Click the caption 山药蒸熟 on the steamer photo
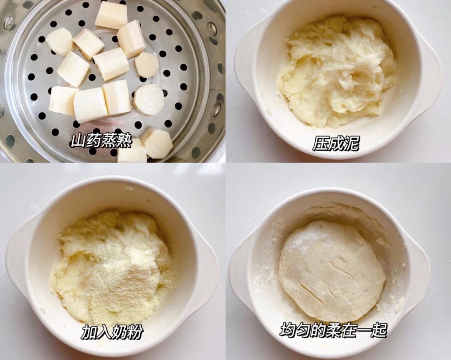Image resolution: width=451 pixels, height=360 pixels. point(101,142)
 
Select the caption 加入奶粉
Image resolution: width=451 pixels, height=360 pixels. point(112,332)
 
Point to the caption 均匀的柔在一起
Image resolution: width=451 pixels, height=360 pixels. point(333,330)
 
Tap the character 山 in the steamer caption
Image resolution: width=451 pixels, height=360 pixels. point(78,142)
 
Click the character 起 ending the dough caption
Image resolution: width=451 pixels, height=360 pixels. point(378,330)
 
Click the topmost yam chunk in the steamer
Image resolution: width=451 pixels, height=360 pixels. point(111,15)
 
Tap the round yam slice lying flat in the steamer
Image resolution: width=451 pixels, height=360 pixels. point(149,99)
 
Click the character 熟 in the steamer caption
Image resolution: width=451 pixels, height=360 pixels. point(124,142)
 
